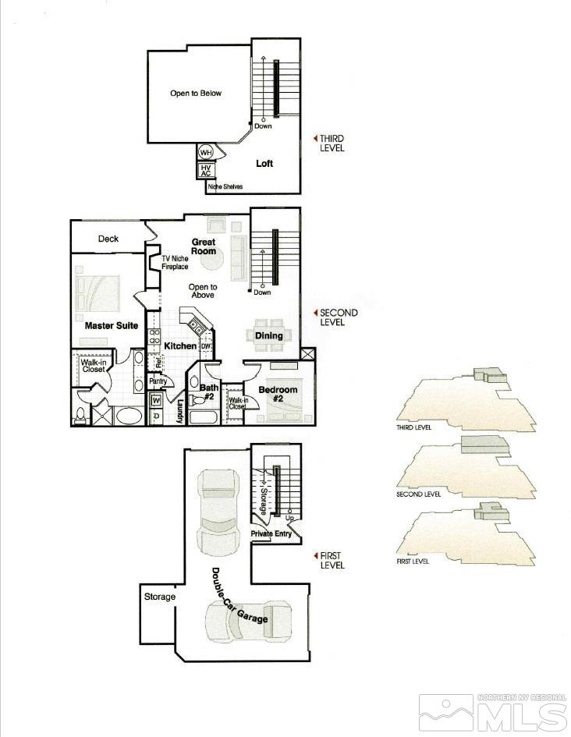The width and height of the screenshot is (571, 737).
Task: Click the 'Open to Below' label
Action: coord(196,94)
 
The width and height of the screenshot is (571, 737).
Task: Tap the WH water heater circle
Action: coord(206,152)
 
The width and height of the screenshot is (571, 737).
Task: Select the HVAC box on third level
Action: coord(206,171)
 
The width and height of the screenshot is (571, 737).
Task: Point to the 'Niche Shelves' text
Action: coord(225,187)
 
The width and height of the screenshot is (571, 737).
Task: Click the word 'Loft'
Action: coord(264,164)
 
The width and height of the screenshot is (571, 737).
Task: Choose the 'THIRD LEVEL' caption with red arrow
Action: coord(331,143)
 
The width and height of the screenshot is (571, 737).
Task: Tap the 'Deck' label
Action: coord(108,239)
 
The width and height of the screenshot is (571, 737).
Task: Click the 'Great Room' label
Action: coord(204,246)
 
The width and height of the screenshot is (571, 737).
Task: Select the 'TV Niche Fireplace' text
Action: coord(175,263)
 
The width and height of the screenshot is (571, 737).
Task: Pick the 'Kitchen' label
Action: coord(180,345)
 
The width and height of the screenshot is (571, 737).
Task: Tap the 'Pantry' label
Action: coord(159,381)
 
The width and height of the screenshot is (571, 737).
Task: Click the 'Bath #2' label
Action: coord(209,392)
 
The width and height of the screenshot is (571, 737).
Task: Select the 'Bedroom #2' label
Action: coord(278,395)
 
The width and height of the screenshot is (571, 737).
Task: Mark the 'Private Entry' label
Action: coord(271,533)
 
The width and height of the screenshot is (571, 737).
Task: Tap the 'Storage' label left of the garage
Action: coord(159,597)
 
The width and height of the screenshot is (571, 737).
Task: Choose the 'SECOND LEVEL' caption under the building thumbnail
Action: coord(419,494)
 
